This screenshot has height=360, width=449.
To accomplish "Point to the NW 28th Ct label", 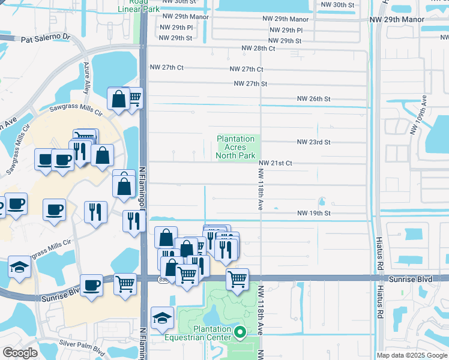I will (x=258, y=48).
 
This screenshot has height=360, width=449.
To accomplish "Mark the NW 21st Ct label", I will (x=276, y=163).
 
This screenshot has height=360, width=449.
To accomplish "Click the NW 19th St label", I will (x=314, y=214).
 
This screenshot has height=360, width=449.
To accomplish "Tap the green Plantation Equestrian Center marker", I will (x=240, y=332).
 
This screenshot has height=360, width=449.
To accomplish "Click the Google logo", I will (x=20, y=352).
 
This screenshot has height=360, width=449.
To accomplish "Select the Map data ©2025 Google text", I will (x=411, y=355).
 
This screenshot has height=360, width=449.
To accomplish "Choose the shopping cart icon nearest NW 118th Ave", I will (x=237, y=278).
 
